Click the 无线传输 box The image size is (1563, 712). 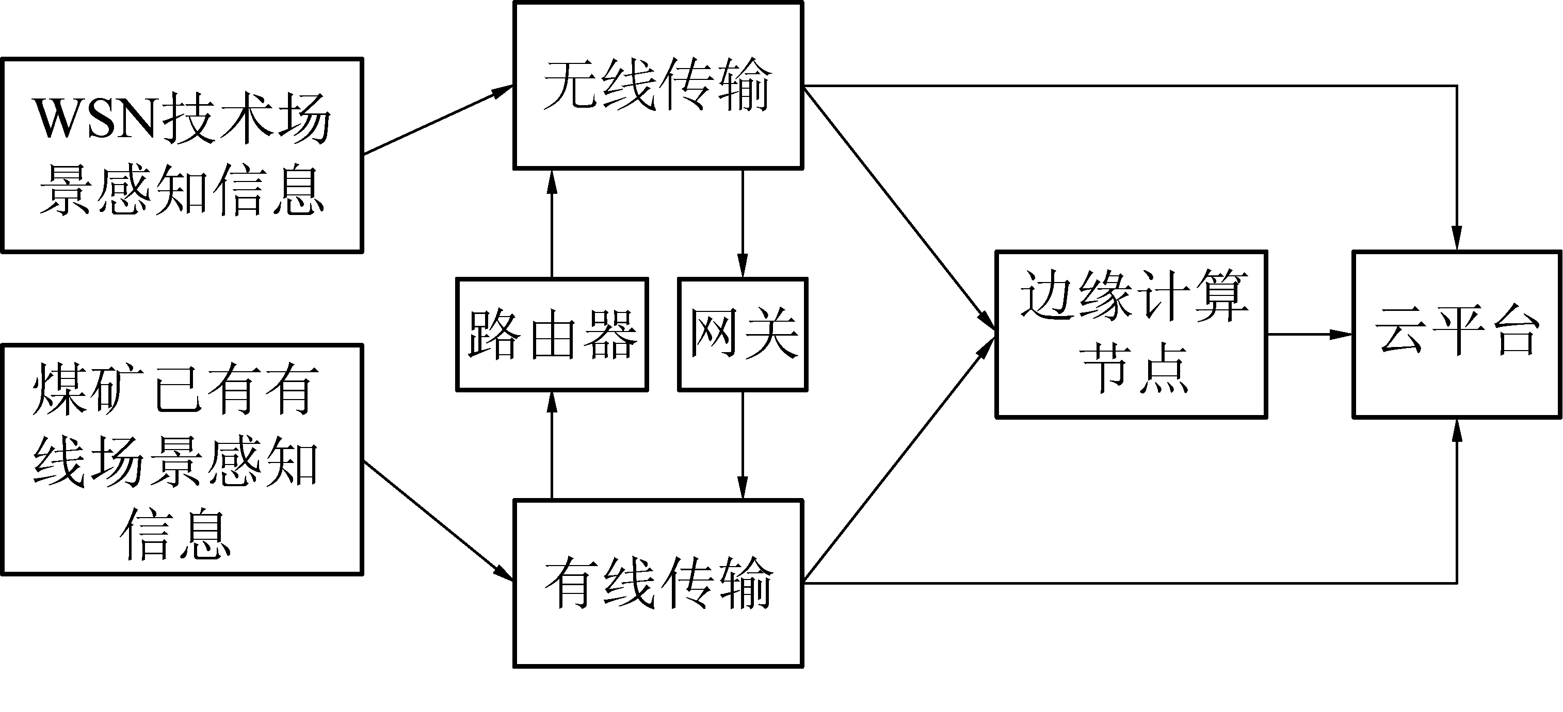[x=658, y=86]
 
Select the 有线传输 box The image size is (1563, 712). [x=658, y=584]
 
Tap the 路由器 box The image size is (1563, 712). [x=552, y=335]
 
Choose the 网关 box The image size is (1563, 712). [x=743, y=335]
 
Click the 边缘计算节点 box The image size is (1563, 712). [x=1132, y=334]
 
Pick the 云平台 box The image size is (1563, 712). [x=1457, y=334]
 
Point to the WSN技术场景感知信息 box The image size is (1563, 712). [x=182, y=155]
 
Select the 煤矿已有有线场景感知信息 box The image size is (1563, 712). [x=182, y=460]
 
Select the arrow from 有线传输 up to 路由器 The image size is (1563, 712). [x=552, y=446]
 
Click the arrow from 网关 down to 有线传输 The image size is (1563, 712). [x=743, y=446]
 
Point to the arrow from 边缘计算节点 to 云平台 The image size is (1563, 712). [x=1309, y=334]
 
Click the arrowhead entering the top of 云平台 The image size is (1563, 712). [x=1457, y=238]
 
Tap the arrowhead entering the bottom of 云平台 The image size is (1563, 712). [x=1457, y=430]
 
